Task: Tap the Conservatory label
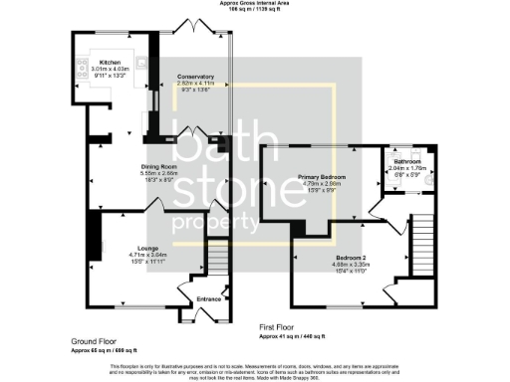point(195,77)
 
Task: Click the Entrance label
point(209,298)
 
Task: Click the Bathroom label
point(406,161)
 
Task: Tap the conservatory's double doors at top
point(191,27)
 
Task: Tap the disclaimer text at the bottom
point(255,370)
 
